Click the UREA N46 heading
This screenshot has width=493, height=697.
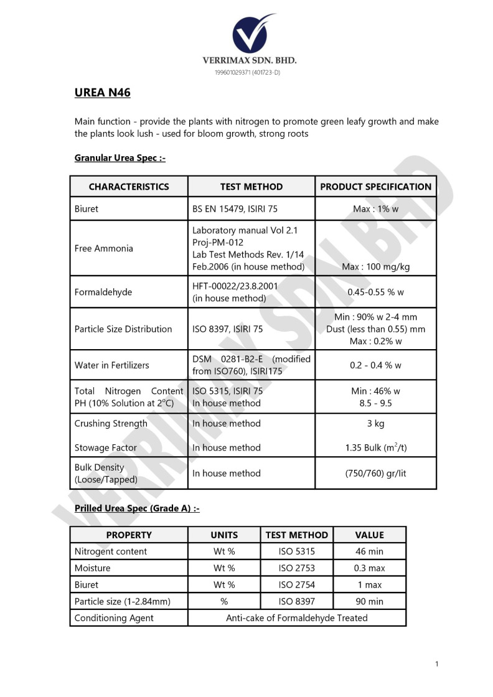tap(102, 93)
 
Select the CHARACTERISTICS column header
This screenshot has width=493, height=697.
tap(129, 187)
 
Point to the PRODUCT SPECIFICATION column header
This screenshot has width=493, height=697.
tap(375, 187)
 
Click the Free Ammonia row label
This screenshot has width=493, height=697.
tap(104, 248)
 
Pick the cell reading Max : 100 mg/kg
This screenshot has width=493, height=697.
tap(375, 267)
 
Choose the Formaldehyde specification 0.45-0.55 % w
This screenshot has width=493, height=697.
tap(375, 292)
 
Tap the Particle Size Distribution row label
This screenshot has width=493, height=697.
tap(123, 329)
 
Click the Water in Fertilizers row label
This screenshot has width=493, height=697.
tap(112, 365)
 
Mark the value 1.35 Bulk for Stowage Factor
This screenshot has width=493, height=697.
tap(375, 447)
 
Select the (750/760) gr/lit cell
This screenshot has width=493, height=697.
tap(375, 473)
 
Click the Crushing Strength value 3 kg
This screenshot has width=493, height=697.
tap(375, 423)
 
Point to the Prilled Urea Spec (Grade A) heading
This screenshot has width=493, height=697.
tap(137, 508)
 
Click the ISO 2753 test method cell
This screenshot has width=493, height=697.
tap(296, 568)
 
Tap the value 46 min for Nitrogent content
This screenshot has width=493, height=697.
tap(370, 551)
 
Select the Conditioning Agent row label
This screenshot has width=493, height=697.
tap(114, 618)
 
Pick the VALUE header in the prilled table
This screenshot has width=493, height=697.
tap(370, 535)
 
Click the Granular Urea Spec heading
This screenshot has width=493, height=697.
tap(120, 158)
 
